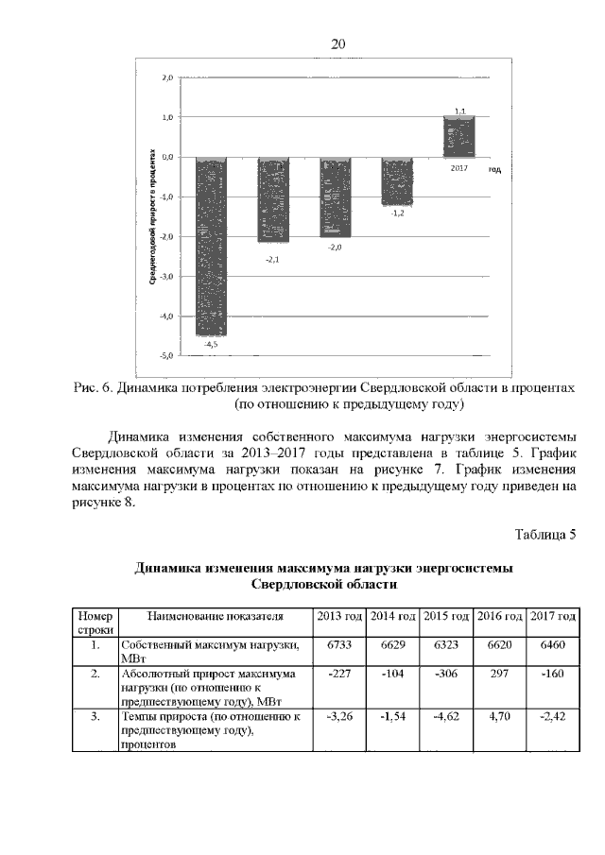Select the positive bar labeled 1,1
tap(459, 137)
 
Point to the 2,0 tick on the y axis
tap(166, 77)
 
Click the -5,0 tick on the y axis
tap(165, 356)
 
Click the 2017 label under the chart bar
tap(459, 167)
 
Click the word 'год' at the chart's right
tap(494, 169)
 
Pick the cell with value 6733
tap(338, 644)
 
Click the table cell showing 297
tap(498, 674)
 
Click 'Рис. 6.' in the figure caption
tap(95, 388)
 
